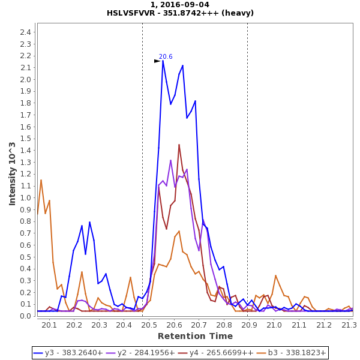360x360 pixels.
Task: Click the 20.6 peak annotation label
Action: tap(166, 57)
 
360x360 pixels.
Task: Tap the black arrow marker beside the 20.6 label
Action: tap(157, 61)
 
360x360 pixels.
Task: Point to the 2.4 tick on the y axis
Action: tap(25, 32)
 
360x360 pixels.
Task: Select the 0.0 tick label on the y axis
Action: tap(25, 316)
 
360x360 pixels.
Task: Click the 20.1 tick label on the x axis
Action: tap(49, 325)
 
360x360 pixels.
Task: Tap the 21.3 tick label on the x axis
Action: tap(349, 325)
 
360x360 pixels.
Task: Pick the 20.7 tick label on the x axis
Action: tap(199, 325)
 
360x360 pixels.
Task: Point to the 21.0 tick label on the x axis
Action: tap(274, 325)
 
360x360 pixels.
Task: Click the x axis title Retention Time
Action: tap(195, 336)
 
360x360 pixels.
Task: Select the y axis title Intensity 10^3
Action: tap(13, 173)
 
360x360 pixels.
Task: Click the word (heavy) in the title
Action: tap(238, 13)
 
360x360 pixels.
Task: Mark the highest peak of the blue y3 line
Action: tap(163, 61)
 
